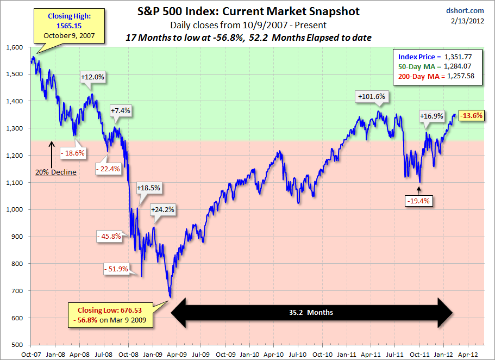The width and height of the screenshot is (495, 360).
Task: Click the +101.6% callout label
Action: [372, 97]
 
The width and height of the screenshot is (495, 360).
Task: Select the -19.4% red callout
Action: [418, 201]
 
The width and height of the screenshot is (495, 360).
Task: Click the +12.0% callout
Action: [92, 77]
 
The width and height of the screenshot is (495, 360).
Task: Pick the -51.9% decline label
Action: [116, 269]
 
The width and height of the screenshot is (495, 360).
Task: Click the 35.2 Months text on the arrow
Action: [311, 313]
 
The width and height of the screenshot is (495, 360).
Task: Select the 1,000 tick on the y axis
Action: [15, 209]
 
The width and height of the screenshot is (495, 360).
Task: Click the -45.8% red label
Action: [111, 237]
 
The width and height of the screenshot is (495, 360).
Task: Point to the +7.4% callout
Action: [120, 111]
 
